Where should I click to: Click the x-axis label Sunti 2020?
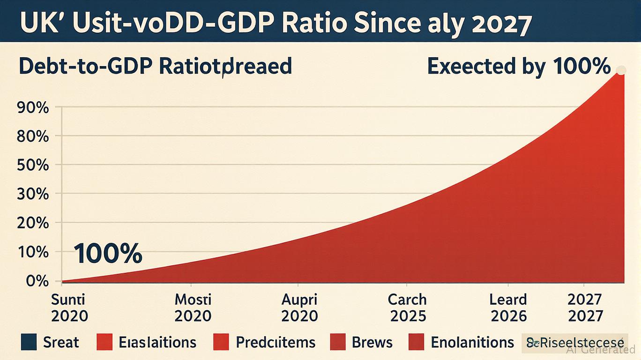[69, 307]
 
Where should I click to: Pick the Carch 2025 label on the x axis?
[408, 307]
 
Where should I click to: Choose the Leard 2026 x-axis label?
[508, 307]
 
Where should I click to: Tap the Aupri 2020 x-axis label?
[300, 307]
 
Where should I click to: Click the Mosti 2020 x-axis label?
[193, 307]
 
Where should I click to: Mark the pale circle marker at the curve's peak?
[621, 70]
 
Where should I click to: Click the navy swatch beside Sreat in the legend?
[29, 342]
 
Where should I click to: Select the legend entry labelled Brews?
[372, 342]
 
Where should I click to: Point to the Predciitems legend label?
[276, 342]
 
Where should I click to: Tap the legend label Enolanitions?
[472, 342]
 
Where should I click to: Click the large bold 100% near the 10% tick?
[108, 254]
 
